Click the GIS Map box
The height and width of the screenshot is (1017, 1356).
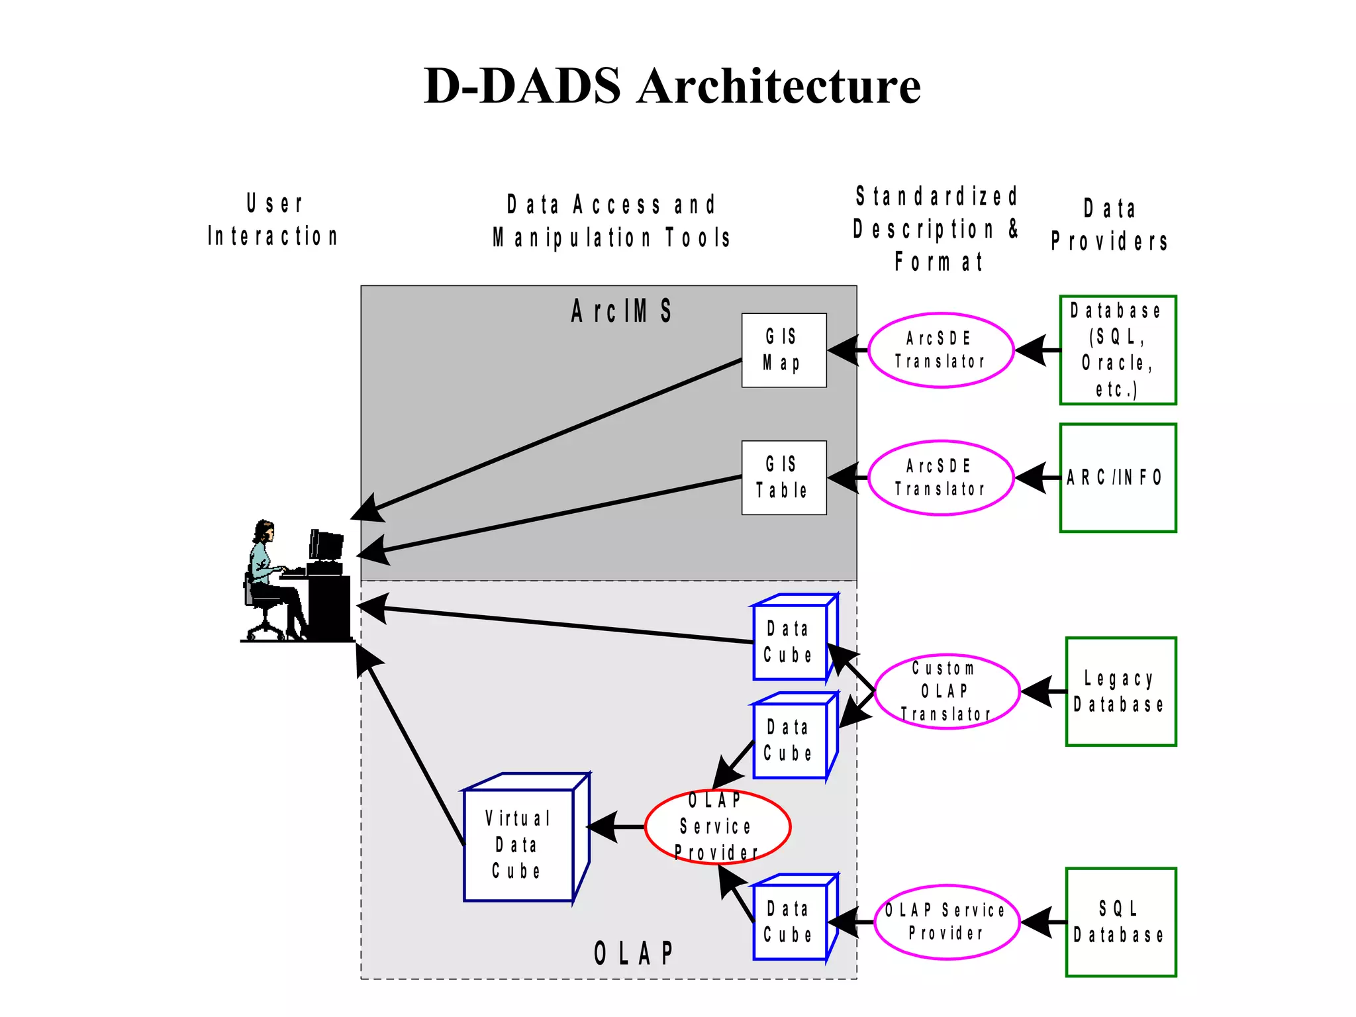pos(783,350)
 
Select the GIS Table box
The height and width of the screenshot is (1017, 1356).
pos(783,477)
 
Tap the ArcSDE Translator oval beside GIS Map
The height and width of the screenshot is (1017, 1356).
pos(940,350)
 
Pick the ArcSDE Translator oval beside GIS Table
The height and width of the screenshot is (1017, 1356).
pos(940,477)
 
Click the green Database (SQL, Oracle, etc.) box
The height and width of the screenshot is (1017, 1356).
pos(1118,350)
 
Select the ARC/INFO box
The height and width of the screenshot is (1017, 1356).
pos(1118,477)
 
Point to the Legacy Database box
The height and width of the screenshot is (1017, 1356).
pos(1120,691)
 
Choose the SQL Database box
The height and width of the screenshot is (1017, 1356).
pos(1120,922)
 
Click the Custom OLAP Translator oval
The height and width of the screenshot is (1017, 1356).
pos(946,691)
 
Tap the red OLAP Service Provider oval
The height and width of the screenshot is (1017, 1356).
pos(717,827)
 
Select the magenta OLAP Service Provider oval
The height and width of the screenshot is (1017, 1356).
pos(946,922)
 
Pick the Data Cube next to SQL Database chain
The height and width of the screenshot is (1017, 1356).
pos(789,922)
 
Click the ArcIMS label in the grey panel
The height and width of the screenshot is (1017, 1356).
pos(621,311)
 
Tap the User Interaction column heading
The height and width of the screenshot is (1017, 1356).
pos(273,220)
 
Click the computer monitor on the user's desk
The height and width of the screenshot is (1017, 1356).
pos(326,546)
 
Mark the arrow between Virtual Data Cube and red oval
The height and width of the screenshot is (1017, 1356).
pos(616,827)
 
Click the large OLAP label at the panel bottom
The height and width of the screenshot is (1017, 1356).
pos(634,953)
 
